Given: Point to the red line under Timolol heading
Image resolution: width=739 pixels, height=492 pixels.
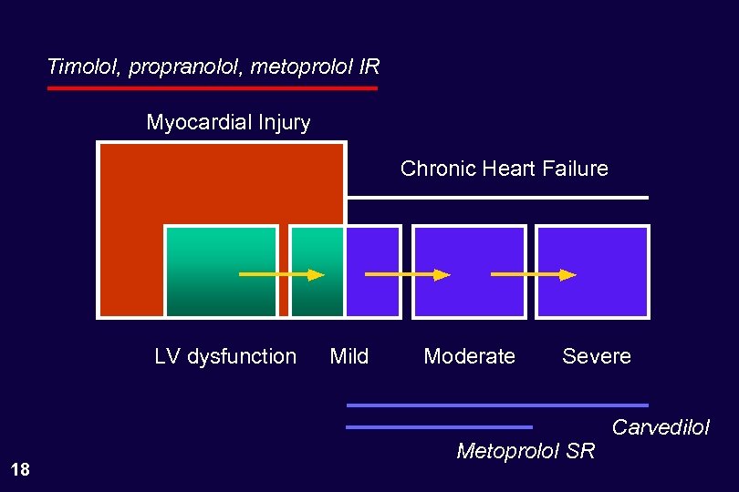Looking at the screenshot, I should [213, 88].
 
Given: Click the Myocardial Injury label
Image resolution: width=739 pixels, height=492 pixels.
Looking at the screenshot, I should [228, 122].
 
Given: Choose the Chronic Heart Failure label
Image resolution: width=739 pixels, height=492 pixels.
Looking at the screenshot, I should [504, 169].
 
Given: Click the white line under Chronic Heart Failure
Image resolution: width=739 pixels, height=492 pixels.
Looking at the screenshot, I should [497, 197].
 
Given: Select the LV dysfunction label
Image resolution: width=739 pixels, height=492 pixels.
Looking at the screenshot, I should [225, 356].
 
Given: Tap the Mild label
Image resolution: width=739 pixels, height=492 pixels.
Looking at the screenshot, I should [349, 356].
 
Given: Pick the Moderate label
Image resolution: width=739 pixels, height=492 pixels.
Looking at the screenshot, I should [469, 356].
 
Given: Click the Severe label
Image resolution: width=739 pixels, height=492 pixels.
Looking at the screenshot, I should [597, 356].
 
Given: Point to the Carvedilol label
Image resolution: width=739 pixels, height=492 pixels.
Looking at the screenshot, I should [660, 427].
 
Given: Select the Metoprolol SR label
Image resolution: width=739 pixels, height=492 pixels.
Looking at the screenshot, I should [526, 450].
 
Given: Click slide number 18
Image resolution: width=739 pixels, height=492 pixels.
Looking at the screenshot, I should [19, 470].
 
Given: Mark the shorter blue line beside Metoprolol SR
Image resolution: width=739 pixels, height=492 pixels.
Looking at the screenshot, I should [439, 426].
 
